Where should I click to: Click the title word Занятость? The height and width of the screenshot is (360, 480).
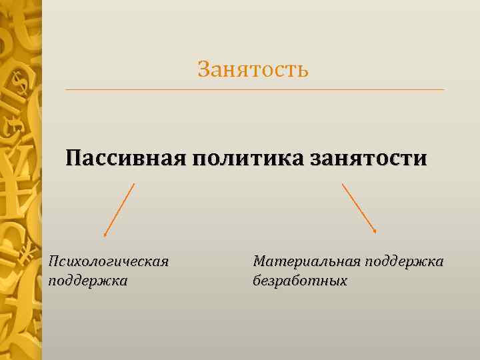coord(253,69)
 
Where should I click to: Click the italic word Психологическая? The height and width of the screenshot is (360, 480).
coord(108,261)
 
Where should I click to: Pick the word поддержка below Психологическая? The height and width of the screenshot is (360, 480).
coord(87,280)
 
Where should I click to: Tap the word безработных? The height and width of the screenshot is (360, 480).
coord(300,280)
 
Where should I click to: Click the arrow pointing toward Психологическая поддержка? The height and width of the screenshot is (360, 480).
coord(119,210)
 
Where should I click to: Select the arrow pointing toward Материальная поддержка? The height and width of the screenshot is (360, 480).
coord(359,208)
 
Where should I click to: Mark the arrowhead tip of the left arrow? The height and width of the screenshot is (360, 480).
coord(105,236)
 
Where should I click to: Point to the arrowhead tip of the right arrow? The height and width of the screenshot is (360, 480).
coord(377,232)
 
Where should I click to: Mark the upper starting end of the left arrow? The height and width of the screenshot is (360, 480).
coord(134,184)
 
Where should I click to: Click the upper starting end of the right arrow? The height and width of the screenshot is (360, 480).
coord(343,184)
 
